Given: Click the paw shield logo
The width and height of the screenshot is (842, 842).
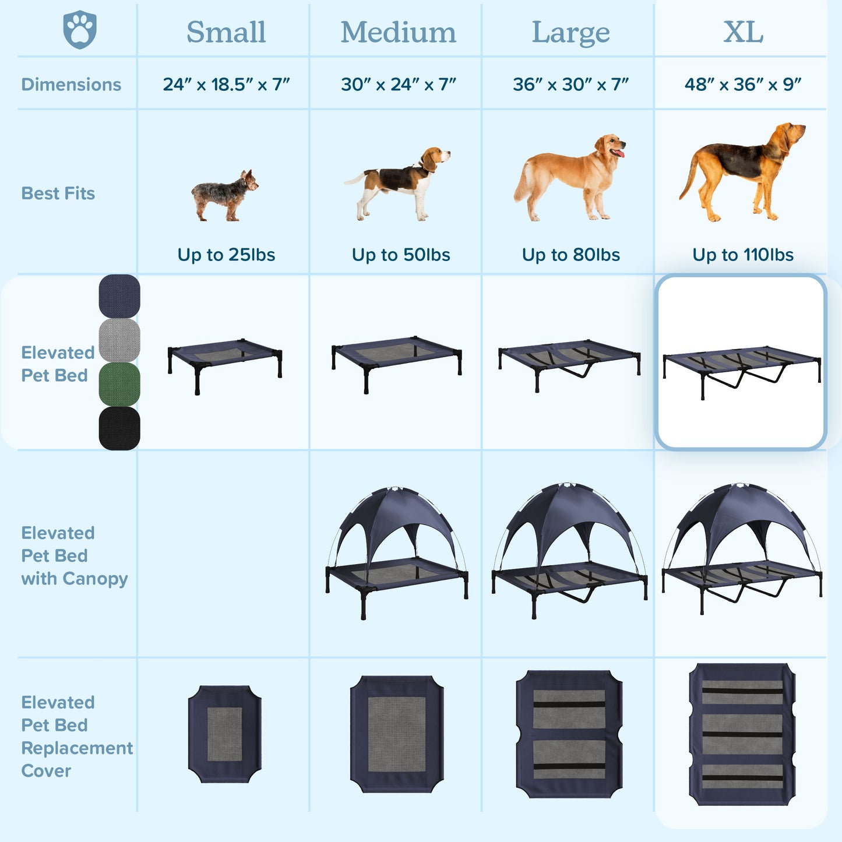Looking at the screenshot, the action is click(x=80, y=30).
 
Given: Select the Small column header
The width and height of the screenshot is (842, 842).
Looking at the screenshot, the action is click(x=226, y=32).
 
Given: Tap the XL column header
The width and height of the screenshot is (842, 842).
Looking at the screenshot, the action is click(x=744, y=32).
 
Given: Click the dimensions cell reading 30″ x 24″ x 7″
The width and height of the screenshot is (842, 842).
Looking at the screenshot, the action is click(x=399, y=84).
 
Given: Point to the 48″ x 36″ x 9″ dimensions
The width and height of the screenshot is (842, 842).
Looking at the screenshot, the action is click(x=743, y=84).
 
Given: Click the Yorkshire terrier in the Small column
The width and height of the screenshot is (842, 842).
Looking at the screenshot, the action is click(x=225, y=196).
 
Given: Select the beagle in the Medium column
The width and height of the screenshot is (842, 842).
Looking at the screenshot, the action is click(x=397, y=184).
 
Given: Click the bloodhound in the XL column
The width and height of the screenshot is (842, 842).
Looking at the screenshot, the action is click(x=742, y=172).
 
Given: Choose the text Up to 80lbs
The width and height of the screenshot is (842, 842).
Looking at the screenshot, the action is click(x=571, y=255).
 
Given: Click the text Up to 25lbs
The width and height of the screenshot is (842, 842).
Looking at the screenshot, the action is click(x=226, y=255).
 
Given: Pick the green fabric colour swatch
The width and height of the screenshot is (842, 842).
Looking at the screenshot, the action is click(x=119, y=384).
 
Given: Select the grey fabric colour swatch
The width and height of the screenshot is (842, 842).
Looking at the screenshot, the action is click(x=119, y=340).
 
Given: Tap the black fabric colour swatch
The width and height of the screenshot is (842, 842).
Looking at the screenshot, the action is click(x=119, y=428).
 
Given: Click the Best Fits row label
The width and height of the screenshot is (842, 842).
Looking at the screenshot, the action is click(x=58, y=193).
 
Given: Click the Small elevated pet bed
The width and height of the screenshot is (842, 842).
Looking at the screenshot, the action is click(x=225, y=366).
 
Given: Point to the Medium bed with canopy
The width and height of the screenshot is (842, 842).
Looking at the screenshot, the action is click(x=397, y=553).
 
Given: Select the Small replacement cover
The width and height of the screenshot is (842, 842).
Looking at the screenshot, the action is click(x=225, y=734).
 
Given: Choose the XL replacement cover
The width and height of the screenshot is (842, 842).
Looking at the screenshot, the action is click(x=742, y=735).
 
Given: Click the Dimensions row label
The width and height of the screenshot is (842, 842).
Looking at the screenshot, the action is click(x=71, y=84).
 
